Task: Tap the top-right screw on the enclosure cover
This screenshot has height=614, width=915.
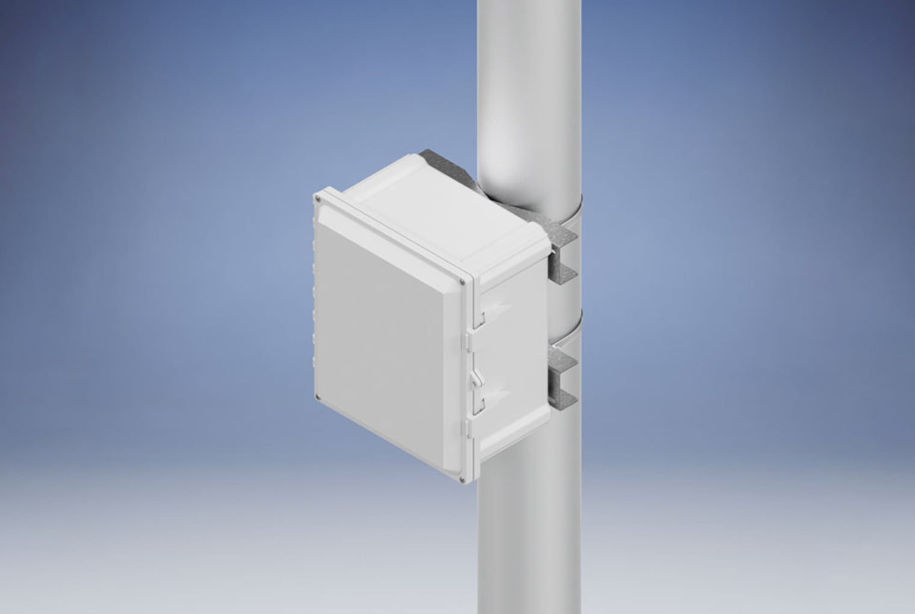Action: coord(462,281)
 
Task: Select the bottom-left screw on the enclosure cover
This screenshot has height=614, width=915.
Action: coord(318,397)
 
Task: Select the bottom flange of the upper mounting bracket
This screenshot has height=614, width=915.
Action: coord(562,276)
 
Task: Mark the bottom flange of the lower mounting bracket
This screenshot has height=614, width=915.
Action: coord(562,398)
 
